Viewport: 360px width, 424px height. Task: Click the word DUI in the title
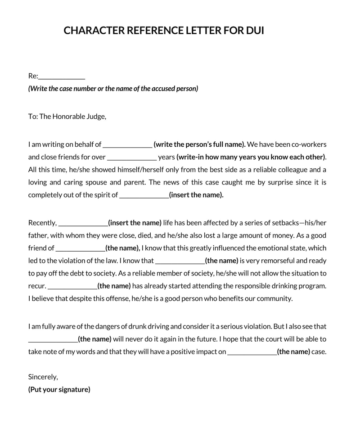[x=255, y=31]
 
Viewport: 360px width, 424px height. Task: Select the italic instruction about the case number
[x=113, y=89]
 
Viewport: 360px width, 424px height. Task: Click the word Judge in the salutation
[x=95, y=117]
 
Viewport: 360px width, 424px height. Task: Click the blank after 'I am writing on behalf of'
[x=128, y=145]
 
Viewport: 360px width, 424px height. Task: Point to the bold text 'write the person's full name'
[x=199, y=144]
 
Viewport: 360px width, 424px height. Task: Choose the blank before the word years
[x=132, y=158]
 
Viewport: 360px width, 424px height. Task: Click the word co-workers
[x=308, y=144]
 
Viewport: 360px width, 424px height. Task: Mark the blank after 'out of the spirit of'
[x=144, y=195]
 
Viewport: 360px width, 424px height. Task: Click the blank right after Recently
[x=83, y=223]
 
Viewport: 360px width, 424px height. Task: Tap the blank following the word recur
[x=72, y=286]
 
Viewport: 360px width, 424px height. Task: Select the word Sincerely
[x=43, y=377]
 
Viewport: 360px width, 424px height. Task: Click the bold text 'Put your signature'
[x=59, y=390]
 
